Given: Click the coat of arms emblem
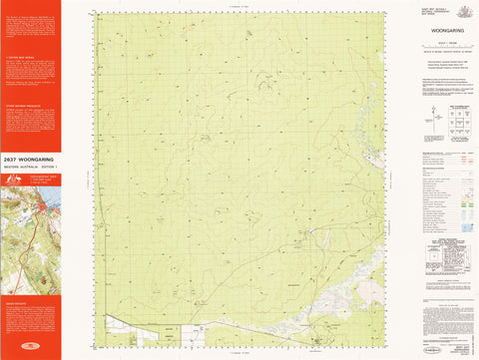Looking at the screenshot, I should tap(461, 8).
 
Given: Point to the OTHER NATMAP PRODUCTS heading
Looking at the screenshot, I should tap(19, 103).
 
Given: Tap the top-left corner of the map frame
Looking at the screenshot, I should tap(98, 13).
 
